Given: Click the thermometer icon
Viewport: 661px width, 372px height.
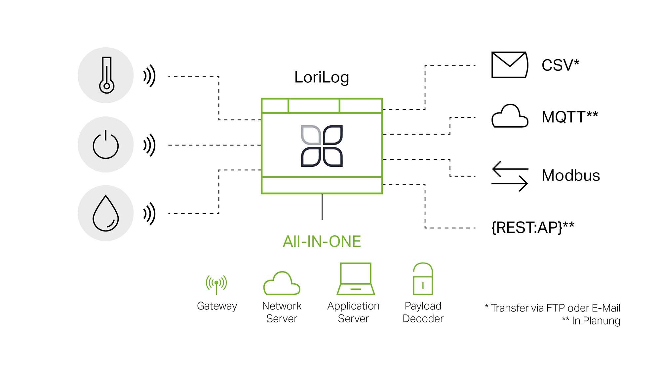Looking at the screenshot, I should [x=106, y=75].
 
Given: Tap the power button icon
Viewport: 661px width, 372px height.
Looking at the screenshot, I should [x=105, y=145].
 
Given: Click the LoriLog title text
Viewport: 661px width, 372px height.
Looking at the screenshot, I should [x=322, y=77].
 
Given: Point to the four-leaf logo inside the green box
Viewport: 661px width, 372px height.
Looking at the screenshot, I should [x=322, y=146].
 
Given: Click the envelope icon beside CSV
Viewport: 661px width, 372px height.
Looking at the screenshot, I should [x=509, y=65].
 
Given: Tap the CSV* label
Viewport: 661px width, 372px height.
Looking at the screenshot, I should [x=560, y=65].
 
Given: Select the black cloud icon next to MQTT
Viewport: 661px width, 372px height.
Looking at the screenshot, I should [x=509, y=116].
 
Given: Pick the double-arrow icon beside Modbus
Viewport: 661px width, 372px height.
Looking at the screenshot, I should [x=509, y=176].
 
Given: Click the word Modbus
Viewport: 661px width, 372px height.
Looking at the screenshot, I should [x=571, y=175].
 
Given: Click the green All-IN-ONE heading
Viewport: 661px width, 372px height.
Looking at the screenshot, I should [x=322, y=241].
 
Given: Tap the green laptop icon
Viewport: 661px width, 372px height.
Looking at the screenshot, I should [x=356, y=279].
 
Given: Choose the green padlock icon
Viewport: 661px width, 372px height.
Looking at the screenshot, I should [x=423, y=279].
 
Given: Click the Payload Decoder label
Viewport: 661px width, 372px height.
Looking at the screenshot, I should [x=423, y=312].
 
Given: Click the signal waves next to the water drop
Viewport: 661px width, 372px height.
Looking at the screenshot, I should [x=149, y=214].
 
